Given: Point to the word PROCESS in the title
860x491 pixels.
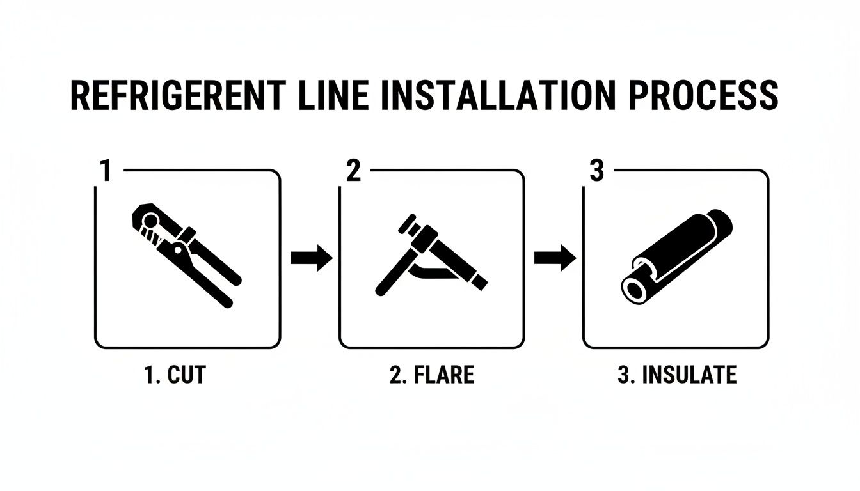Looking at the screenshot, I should (704, 97).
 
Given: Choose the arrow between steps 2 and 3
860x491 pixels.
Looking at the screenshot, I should (554, 258).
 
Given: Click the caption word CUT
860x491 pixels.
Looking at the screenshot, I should (186, 375).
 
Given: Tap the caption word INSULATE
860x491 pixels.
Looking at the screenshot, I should (689, 375).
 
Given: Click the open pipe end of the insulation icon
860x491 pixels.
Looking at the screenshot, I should (636, 290).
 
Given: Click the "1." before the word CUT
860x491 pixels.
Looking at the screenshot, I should (153, 375).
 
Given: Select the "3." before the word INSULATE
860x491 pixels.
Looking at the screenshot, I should (626, 375).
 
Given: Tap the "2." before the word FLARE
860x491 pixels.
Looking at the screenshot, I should (397, 375).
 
